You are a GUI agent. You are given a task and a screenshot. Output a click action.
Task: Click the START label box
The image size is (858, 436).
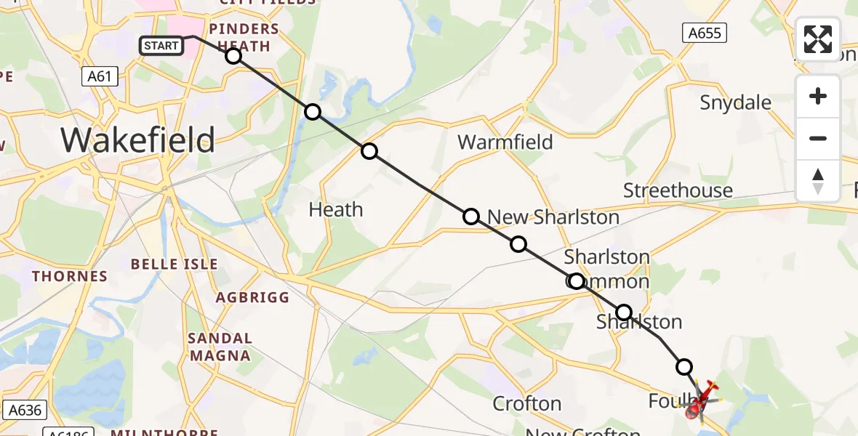[x=161, y=46]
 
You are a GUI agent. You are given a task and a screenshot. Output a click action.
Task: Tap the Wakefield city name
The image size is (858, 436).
[x=138, y=140]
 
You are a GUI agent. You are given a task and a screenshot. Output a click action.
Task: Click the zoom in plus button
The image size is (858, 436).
[x=818, y=97]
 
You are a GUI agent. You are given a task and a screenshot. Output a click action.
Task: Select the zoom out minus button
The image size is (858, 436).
[x=818, y=139]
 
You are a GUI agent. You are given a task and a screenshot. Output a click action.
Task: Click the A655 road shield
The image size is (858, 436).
[x=705, y=32]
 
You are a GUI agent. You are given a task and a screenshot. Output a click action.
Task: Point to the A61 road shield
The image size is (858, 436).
[x=100, y=76]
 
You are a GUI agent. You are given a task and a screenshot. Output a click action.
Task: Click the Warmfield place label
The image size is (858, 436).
[x=505, y=142]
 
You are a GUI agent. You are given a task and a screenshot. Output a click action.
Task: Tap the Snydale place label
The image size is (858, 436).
[x=735, y=102]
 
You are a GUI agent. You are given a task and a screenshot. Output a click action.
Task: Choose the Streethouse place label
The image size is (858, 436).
[x=678, y=190]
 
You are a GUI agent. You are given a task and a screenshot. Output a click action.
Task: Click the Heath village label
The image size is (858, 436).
[x=335, y=209]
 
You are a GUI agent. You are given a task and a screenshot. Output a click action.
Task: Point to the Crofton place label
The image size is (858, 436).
[x=527, y=403]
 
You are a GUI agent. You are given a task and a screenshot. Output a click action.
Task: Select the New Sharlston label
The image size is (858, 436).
[x=553, y=217]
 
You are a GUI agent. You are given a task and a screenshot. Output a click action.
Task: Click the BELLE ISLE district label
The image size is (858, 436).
[x=175, y=264]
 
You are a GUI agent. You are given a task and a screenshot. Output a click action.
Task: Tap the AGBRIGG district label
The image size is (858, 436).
[x=252, y=297]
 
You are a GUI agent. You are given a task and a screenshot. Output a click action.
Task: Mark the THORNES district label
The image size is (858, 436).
[x=70, y=276]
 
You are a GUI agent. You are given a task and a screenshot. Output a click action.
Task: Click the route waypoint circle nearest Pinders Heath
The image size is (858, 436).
[x=233, y=56]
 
